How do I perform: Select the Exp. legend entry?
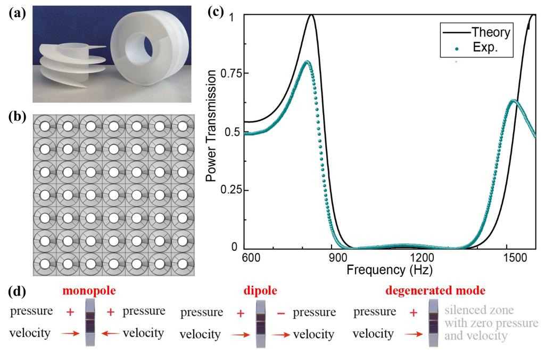(x=485, y=48)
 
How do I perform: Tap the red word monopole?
(x=89, y=292)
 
